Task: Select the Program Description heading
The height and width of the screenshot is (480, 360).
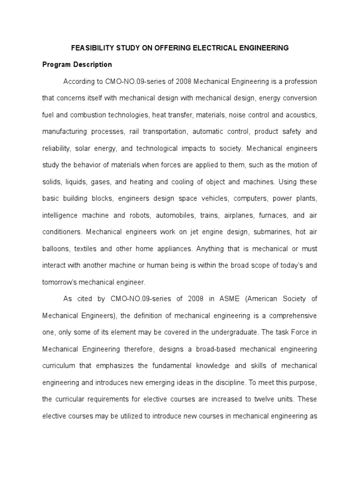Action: coord(77,65)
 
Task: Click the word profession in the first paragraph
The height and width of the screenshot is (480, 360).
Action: coord(297,82)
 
